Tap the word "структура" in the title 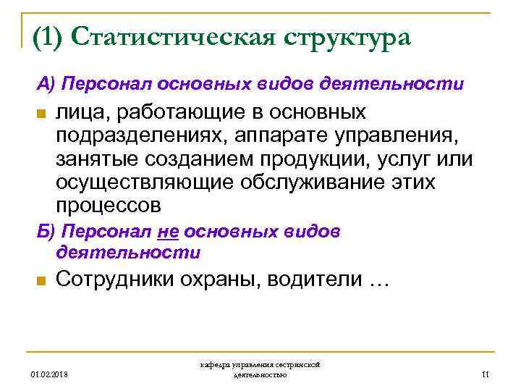[341, 38]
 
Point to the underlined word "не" [166, 232]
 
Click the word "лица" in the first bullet [77, 113]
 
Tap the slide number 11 [486, 374]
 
